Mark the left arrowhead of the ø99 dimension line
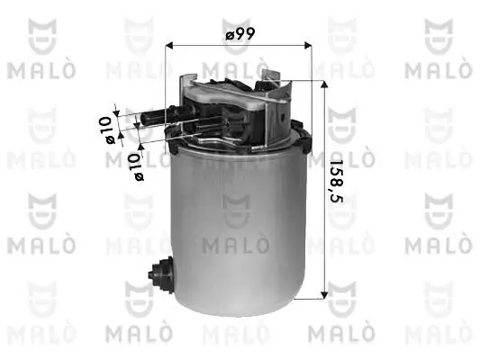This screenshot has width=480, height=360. pos(172,45)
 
